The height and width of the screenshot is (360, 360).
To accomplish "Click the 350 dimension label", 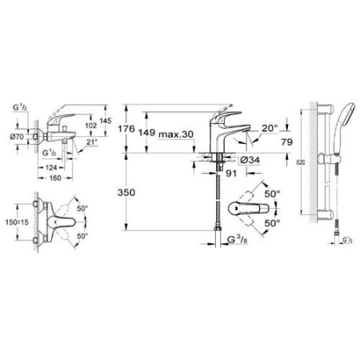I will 139,193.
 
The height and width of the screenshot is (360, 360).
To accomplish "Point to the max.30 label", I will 176,134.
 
